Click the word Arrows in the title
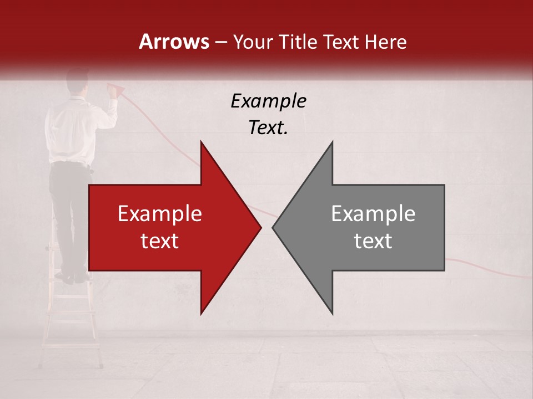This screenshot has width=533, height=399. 174,42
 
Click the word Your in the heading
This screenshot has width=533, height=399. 253,42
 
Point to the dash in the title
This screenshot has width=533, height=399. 220,42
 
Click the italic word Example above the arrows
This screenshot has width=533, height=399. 268,101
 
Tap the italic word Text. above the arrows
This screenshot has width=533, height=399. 268,128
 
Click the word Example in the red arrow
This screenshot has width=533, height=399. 160,214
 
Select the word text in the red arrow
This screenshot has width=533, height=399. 160,241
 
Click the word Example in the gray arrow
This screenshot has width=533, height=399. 373,214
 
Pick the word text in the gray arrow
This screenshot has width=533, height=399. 373,241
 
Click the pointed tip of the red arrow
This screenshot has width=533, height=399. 260,227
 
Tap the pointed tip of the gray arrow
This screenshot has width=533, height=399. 274,227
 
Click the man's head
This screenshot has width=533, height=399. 78,82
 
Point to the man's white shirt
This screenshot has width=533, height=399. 72,133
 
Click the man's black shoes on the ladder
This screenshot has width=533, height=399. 72,277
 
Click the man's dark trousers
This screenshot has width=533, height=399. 69,211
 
